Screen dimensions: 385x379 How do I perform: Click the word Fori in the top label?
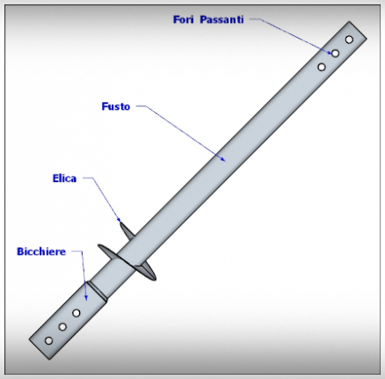click(184, 19)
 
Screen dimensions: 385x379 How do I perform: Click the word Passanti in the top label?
click(222, 19)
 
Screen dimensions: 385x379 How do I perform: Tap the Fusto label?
click(116, 106)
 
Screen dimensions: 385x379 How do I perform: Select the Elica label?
click(64, 179)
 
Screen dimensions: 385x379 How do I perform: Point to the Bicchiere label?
click(41, 251)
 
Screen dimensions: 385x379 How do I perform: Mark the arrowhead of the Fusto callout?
click(223, 159)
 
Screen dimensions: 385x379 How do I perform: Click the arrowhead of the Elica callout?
click(119, 219)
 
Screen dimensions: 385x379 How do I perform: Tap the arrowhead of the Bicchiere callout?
click(86, 297)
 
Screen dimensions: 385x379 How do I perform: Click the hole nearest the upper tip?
click(349, 40)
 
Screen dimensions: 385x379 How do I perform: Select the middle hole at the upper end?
click(335, 54)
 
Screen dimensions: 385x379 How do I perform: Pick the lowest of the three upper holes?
click(322, 67)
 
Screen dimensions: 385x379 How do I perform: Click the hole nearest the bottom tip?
click(48, 340)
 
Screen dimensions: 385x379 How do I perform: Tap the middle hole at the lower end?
click(62, 326)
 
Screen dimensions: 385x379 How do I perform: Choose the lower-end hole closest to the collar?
click(76, 313)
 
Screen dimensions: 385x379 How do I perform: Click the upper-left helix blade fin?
click(127, 230)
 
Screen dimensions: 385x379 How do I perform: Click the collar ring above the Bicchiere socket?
click(97, 291)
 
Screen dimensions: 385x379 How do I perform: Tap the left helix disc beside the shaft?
click(108, 251)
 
